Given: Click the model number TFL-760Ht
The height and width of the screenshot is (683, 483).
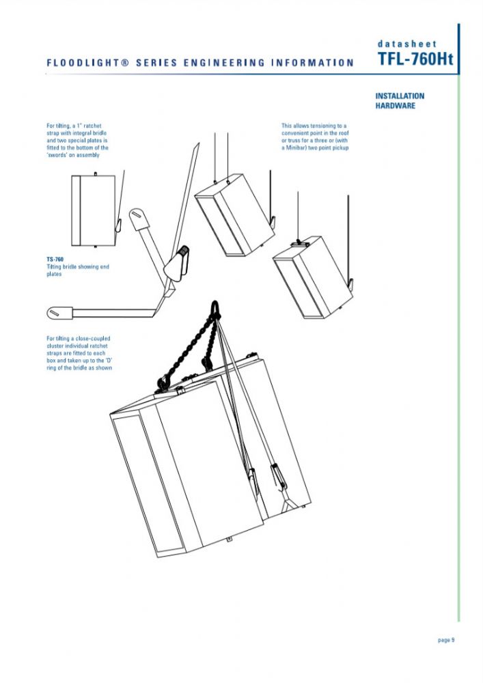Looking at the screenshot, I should (415, 60).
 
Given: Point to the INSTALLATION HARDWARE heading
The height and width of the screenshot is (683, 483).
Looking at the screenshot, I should (400, 100).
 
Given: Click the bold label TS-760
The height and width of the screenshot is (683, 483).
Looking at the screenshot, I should (55, 260).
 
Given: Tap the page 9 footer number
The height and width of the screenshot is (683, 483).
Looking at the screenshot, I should (446, 640).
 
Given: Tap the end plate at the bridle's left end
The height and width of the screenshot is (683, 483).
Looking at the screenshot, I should (59, 312).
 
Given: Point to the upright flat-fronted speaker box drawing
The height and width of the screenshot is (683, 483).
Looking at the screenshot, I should (94, 210).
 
